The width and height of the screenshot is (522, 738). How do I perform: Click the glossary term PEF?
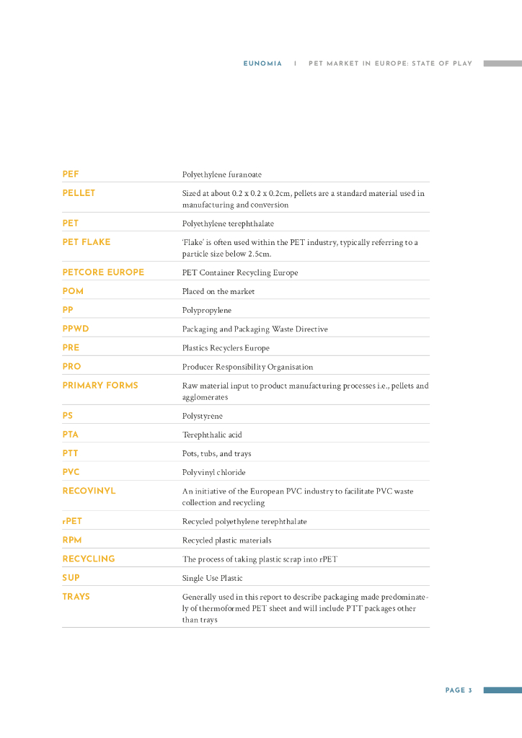[71, 174]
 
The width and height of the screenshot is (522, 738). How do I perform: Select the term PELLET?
[79, 193]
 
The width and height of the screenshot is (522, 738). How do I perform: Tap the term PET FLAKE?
[87, 242]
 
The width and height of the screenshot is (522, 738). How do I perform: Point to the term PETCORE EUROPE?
[103, 272]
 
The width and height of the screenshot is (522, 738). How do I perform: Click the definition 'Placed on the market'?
[218, 292]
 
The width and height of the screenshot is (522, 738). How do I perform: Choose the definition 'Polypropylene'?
[207, 311]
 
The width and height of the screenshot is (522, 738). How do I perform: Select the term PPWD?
[76, 329]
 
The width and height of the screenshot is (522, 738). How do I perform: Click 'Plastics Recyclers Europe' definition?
[226, 348]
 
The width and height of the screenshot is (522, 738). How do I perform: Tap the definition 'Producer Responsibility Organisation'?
[247, 367]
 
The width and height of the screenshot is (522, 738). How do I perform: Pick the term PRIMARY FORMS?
[100, 386]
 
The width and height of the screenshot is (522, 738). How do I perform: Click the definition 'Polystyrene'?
[203, 417]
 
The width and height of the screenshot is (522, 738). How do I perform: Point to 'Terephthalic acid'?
[211, 435]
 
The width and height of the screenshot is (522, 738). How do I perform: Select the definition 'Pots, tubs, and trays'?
[216, 454]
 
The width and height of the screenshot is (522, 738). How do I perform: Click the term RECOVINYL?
[89, 491]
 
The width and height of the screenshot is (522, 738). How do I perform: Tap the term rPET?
[72, 521]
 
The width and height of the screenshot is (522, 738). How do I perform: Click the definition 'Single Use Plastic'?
[212, 578]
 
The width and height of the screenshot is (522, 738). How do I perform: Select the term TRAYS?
[76, 597]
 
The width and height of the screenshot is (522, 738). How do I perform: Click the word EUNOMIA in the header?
[262, 63]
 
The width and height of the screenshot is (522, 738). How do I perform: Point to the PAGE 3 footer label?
[459, 690]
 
